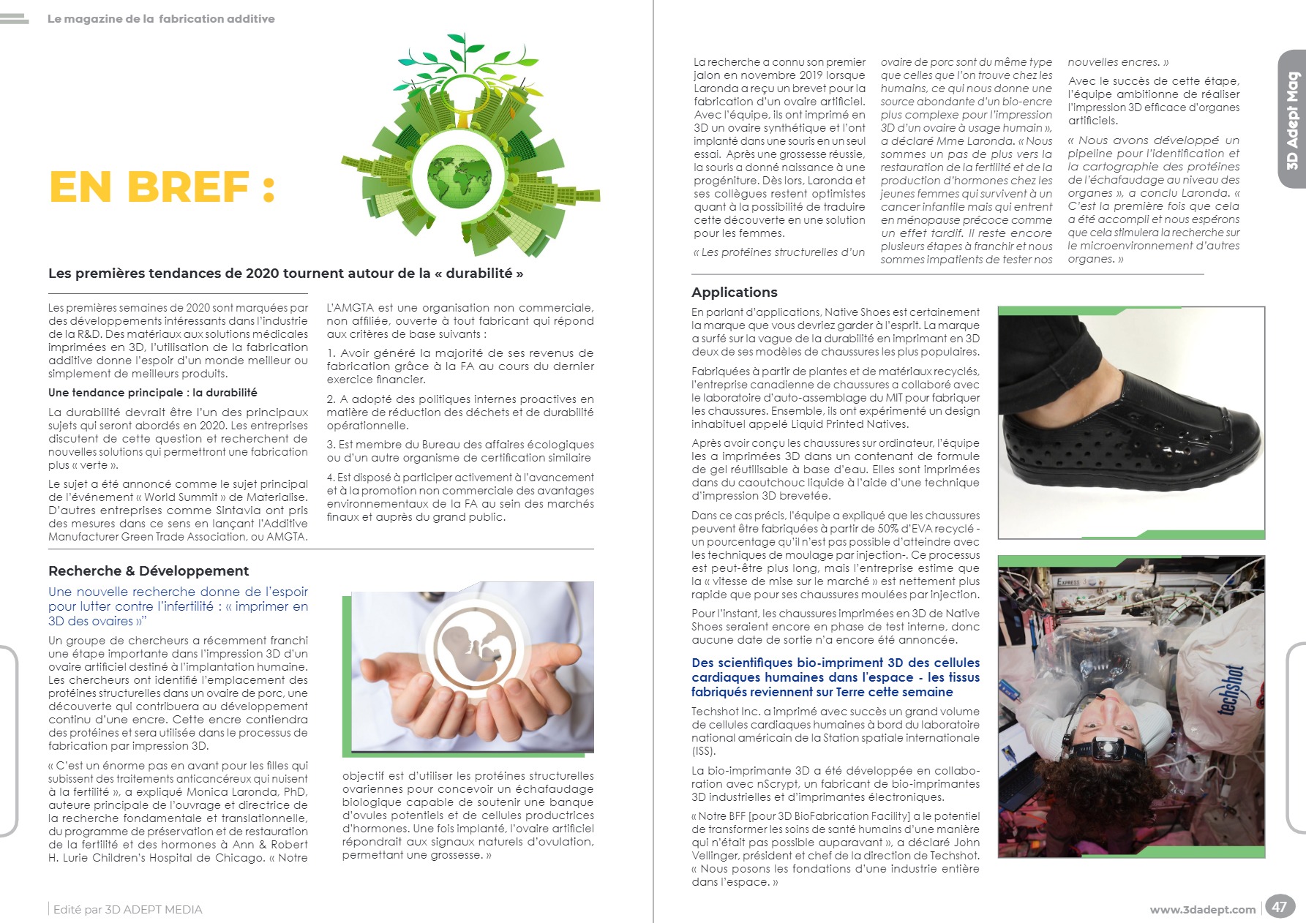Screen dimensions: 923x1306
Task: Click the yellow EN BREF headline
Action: (162, 187)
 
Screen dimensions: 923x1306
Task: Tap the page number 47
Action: (1279, 907)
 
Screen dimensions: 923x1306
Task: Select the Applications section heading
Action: (734, 293)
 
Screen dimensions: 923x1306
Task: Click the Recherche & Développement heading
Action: (149, 571)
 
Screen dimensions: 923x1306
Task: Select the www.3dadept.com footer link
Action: (1202, 910)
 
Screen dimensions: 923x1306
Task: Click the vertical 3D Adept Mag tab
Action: (1292, 120)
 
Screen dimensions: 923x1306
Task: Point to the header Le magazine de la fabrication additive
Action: (161, 19)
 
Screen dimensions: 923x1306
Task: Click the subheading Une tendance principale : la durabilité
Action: (153, 393)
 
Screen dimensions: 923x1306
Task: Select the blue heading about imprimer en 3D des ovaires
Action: (178, 606)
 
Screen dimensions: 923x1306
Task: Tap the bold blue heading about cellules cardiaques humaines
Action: (835, 677)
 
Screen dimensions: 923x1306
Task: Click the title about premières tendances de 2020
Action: (285, 274)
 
